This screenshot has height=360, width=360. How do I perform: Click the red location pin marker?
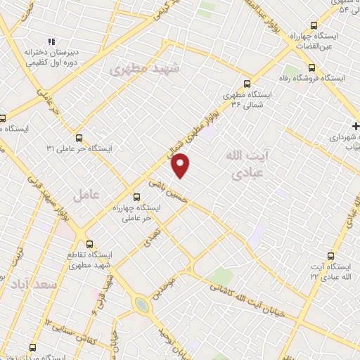(x=181, y=166)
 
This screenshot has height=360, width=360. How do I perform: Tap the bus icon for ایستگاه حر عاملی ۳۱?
(x=79, y=138)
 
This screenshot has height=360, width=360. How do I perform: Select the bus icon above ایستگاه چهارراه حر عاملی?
(x=136, y=198)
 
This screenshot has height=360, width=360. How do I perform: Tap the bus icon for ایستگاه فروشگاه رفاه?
(x=312, y=68)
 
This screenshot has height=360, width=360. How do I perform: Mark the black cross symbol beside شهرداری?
(x=356, y=127)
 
